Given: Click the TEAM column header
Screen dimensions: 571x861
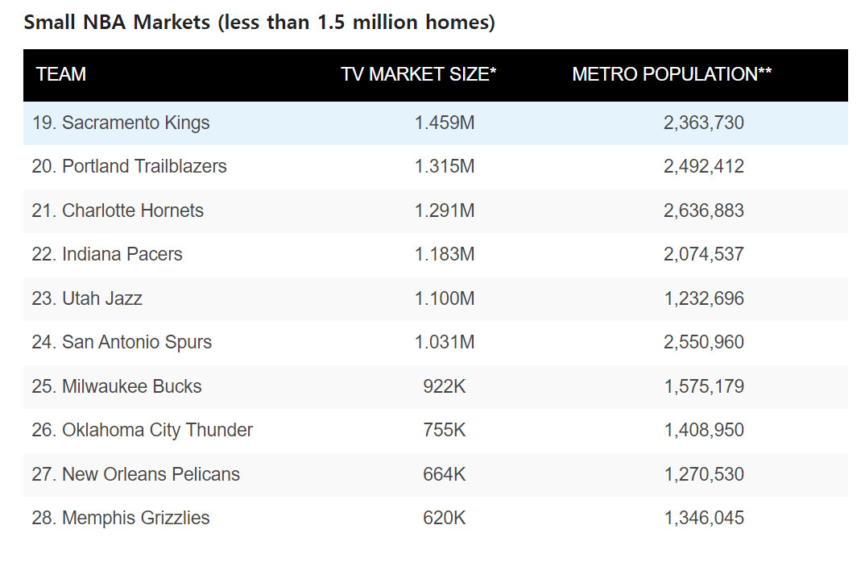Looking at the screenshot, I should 61,74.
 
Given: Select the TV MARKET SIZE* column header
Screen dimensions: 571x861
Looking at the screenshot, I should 418,74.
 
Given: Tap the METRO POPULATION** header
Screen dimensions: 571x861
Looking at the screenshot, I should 672,74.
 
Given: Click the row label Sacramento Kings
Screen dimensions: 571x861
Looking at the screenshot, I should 121,123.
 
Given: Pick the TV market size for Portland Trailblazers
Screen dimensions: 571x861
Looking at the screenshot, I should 445,166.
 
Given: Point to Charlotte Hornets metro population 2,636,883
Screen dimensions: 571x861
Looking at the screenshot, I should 704,210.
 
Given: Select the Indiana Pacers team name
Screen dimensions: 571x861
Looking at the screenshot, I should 107,254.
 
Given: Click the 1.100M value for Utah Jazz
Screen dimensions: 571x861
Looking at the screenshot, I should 445,298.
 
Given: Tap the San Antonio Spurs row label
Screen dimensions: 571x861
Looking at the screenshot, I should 122,342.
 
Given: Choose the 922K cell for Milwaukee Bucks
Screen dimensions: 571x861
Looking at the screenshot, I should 445,386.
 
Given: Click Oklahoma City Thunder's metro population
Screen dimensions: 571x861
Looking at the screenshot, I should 704,430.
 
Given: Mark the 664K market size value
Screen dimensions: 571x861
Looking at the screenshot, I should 445,474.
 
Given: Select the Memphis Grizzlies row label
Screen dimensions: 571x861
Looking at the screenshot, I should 121,518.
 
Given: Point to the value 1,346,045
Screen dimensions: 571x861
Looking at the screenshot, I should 704,518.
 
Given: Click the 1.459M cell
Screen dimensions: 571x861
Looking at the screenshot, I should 445,123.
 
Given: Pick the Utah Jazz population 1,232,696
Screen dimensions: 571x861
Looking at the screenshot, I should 704,298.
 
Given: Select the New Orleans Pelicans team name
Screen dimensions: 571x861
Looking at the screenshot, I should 136,474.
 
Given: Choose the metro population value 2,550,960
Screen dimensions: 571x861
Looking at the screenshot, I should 704,342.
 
